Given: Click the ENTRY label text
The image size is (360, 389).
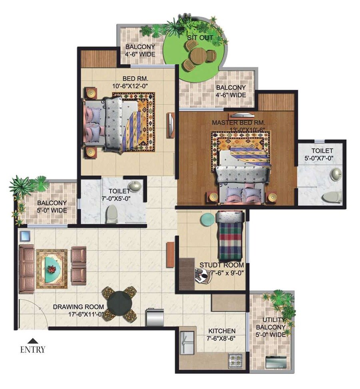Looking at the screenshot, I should coord(33,350).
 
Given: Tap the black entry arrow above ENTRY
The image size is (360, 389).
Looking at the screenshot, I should coord(33,341).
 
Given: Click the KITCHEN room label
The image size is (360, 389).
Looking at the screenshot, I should coord(222,331).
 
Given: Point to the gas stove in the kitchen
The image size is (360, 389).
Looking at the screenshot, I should coord(235,361).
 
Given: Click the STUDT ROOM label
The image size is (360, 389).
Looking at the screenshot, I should coord(222,265).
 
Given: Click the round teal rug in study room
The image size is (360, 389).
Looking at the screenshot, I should coord(207,219).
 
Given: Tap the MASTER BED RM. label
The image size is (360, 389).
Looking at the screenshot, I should coord(238,122).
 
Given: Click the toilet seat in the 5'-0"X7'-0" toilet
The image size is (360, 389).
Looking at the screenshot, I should coord(332,196).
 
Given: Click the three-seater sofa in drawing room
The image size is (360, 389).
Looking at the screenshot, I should coord(26,264).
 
